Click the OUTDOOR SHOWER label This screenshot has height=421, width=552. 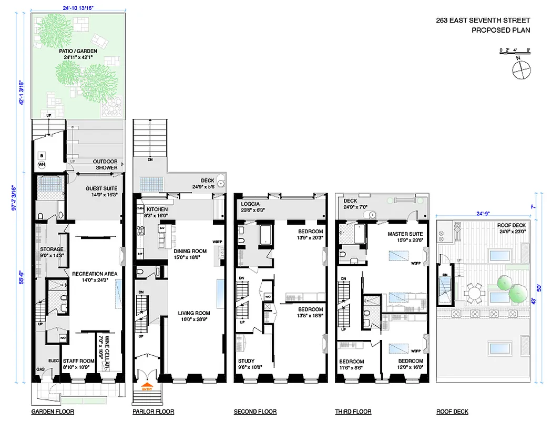pyautogui.click(x=105, y=164)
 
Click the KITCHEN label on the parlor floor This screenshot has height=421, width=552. pyautogui.click(x=157, y=209)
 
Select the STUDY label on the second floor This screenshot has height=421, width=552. pyautogui.click(x=247, y=361)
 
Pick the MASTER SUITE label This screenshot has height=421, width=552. pyautogui.click(x=405, y=234)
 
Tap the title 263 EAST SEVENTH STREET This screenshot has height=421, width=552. pyautogui.click(x=483, y=21)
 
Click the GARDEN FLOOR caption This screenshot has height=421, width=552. pyautogui.click(x=53, y=412)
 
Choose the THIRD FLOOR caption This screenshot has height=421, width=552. pyautogui.click(x=353, y=412)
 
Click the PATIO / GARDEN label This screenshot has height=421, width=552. pyautogui.click(x=78, y=51)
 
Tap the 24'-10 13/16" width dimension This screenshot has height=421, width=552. pyautogui.click(x=78, y=8)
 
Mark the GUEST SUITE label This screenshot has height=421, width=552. pyautogui.click(x=101, y=188)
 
